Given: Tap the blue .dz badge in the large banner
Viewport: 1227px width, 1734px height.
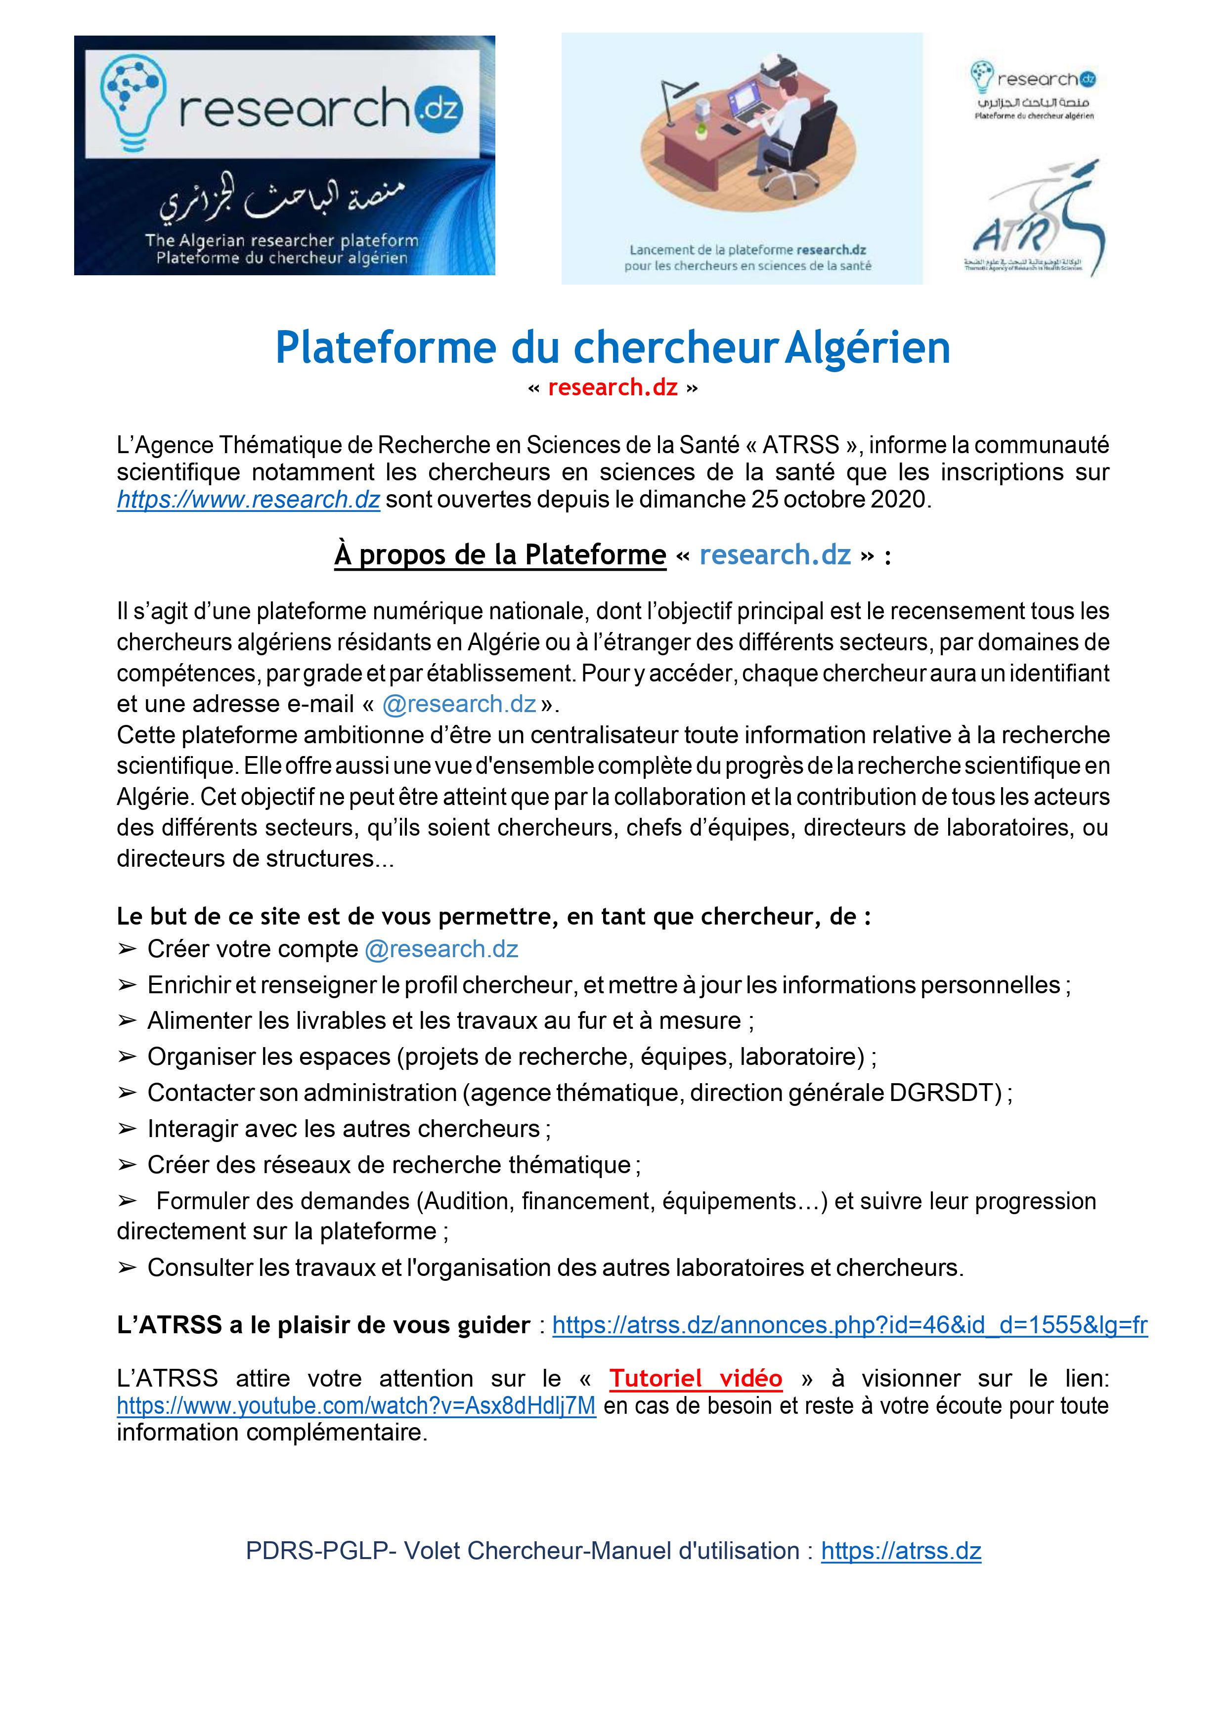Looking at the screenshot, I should [x=438, y=109].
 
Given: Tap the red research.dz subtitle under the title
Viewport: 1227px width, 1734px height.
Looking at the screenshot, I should [x=613, y=387].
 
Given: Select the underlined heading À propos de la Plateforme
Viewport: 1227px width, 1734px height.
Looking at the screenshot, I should [x=500, y=555].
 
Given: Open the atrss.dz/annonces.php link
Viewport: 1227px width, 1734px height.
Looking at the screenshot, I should [x=849, y=1325].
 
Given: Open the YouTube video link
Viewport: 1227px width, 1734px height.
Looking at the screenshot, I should [x=356, y=1405].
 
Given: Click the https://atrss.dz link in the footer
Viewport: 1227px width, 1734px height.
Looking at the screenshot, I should [x=901, y=1551].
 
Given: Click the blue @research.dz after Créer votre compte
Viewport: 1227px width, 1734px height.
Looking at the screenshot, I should [x=441, y=949].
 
